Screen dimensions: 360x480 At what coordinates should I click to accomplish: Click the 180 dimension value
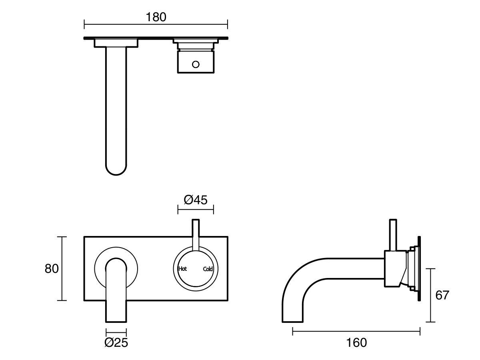coord(156,17)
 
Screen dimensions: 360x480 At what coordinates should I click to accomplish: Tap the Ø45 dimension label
coord(196,200)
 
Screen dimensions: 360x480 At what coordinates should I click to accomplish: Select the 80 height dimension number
coord(52,268)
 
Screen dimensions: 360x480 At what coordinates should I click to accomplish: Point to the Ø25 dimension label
coord(116,342)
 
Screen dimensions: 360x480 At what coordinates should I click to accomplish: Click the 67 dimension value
coord(442,295)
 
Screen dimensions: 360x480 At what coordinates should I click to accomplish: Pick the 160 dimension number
coord(357,342)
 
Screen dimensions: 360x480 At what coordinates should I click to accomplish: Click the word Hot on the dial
coord(182,269)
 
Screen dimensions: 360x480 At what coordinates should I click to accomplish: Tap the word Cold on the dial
coord(208,269)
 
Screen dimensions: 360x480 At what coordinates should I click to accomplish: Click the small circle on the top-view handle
coord(196,64)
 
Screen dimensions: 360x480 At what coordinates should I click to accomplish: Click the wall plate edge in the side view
coord(419,268)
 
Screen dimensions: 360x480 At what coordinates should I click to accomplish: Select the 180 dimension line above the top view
coord(156,24)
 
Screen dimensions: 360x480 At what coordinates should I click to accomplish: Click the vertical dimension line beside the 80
coord(61,268)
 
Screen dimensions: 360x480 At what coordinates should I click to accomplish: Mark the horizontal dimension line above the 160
coord(356,331)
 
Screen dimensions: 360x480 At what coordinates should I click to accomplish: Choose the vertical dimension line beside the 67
coord(430,295)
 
